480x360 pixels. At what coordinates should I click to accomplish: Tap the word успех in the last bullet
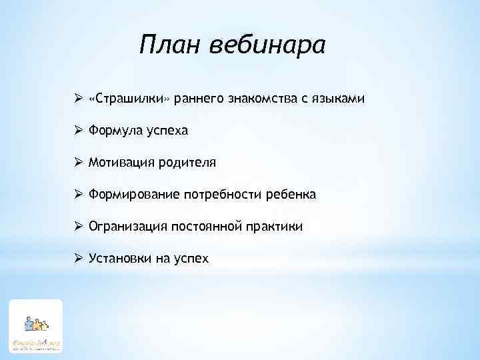click(x=191, y=259)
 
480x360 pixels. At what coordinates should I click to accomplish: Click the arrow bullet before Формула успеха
click(x=79, y=131)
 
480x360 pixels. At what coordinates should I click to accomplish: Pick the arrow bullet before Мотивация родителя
click(x=79, y=163)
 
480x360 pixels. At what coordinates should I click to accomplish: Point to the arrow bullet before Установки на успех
click(x=79, y=258)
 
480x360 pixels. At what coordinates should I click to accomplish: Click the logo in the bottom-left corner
click(x=35, y=326)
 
